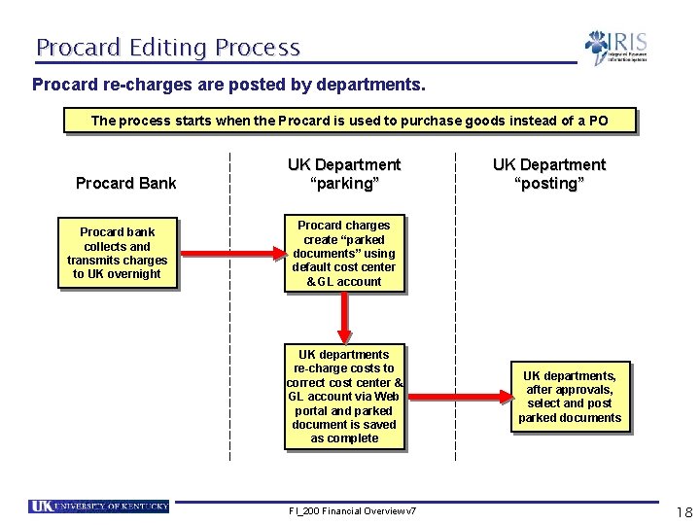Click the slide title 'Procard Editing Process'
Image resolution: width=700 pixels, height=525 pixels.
[168, 47]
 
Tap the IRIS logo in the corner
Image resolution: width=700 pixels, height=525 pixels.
[615, 47]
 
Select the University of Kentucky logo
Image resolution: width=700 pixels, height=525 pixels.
[99, 507]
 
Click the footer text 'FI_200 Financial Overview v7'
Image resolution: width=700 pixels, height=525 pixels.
[352, 511]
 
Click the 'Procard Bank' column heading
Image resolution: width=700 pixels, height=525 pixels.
[126, 183]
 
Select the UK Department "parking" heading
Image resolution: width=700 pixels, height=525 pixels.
[343, 174]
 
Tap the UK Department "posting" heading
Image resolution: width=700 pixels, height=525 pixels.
[548, 174]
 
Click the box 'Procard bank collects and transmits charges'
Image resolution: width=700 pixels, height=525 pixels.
[117, 253]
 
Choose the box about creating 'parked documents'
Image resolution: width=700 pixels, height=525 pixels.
[344, 254]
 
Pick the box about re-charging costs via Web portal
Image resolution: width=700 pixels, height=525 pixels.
[344, 397]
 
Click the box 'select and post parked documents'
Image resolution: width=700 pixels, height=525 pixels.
[570, 397]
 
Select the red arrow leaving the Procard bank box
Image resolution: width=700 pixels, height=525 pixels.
[228, 254]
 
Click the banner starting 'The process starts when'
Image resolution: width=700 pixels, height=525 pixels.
[349, 121]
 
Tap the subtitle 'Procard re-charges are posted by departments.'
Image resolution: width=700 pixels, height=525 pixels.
[228, 86]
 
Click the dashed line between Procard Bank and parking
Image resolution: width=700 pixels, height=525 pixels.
[229, 340]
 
